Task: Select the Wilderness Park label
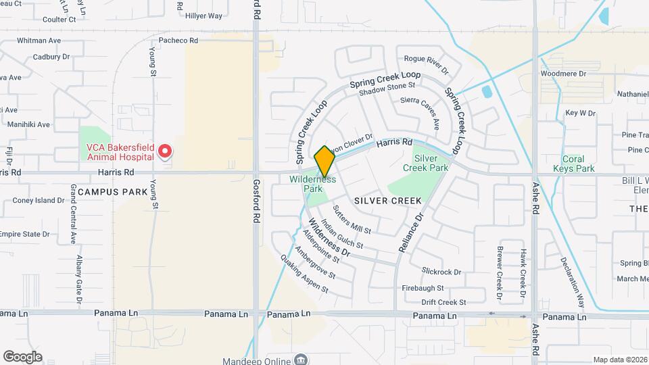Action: click(312, 185)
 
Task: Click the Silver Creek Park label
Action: click(426, 162)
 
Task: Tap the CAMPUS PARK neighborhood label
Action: click(112, 192)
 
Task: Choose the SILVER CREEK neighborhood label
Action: click(387, 201)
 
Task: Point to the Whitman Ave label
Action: click(39, 41)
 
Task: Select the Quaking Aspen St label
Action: click(305, 276)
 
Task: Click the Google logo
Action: click(22, 356)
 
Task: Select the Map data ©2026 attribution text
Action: click(620, 360)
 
